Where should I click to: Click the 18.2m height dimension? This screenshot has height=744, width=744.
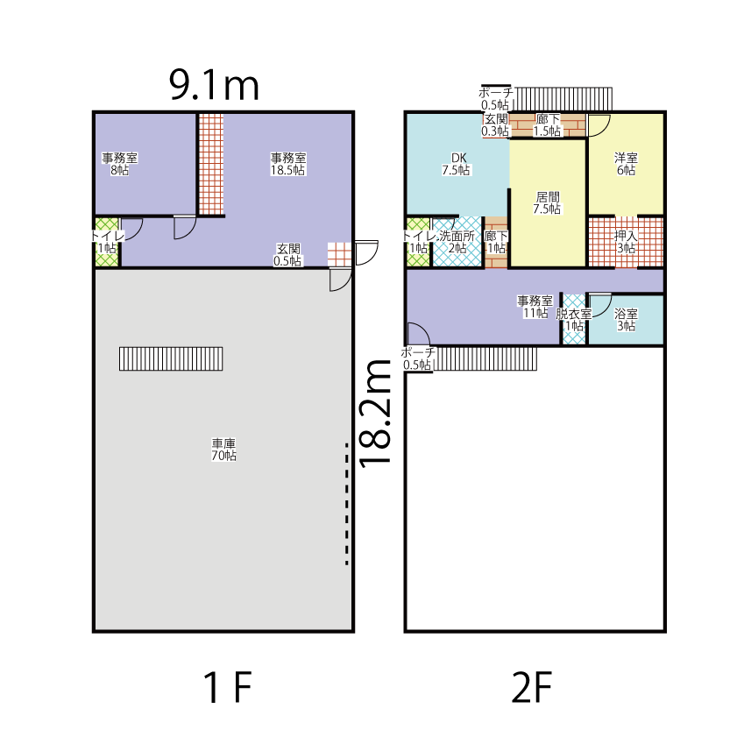pyautogui.click(x=376, y=414)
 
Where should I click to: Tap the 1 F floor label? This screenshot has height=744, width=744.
pyautogui.click(x=227, y=687)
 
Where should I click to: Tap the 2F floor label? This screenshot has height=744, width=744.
pyautogui.click(x=532, y=687)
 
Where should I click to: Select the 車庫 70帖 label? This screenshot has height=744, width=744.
pyautogui.click(x=223, y=450)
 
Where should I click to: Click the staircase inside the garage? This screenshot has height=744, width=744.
pyautogui.click(x=171, y=358)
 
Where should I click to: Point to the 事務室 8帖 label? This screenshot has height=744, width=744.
pyautogui.click(x=119, y=164)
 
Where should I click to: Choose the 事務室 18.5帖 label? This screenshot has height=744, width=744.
pyautogui.click(x=288, y=164)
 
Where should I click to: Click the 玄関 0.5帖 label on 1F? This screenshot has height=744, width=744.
pyautogui.click(x=288, y=255)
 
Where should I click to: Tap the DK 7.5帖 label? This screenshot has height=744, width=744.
pyautogui.click(x=457, y=164)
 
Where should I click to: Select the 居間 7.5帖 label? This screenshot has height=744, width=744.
pyautogui.click(x=547, y=202)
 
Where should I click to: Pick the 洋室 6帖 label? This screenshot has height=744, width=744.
pyautogui.click(x=626, y=164)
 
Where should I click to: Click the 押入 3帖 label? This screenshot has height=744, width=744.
pyautogui.click(x=626, y=242)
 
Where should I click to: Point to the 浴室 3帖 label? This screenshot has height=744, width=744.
pyautogui.click(x=626, y=319)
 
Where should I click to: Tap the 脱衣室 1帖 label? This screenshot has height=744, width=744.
pyautogui.click(x=574, y=319)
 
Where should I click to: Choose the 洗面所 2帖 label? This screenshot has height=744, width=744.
pyautogui.click(x=457, y=242)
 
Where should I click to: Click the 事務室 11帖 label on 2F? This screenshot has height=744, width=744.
pyautogui.click(x=535, y=307)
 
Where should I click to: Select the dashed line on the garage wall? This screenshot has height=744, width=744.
pyautogui.click(x=347, y=504)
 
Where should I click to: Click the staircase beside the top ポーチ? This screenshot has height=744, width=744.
pyautogui.click(x=563, y=99)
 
